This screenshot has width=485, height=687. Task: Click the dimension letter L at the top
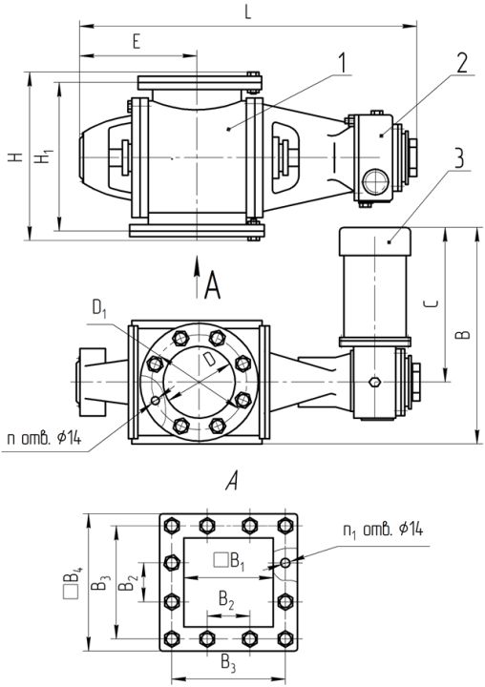(248, 11)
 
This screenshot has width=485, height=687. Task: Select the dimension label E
(137, 42)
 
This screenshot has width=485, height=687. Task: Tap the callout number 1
(343, 63)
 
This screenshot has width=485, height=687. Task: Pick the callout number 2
(462, 63)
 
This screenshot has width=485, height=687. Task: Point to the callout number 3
(458, 158)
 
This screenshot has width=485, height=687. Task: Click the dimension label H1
(45, 156)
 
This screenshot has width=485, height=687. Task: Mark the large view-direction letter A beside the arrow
(213, 284)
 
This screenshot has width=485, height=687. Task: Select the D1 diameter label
(99, 308)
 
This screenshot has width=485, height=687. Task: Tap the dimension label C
(432, 303)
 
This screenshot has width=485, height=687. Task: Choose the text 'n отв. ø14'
(44, 438)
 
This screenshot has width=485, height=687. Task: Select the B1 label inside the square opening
(229, 562)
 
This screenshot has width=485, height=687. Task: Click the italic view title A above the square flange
(232, 481)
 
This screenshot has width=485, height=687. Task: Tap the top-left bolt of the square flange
(172, 525)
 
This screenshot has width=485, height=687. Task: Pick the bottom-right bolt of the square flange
(285, 638)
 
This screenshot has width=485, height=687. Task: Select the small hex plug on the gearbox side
(374, 382)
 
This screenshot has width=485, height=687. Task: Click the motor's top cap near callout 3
(375, 241)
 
